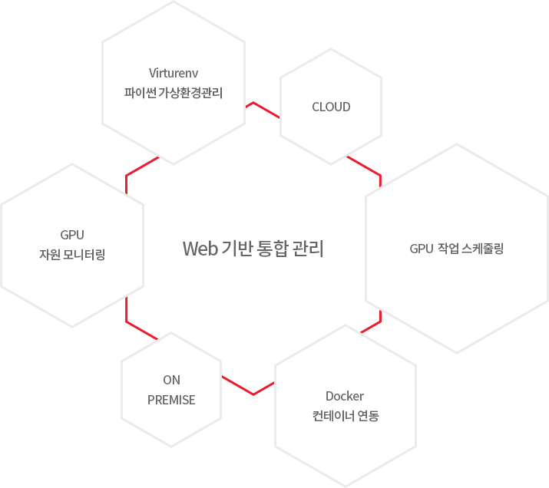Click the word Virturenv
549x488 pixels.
174,74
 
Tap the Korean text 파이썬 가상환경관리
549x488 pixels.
174,94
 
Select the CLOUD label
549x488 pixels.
331,107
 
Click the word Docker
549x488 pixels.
345,396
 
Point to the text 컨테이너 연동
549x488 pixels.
346,417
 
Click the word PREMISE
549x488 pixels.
171,400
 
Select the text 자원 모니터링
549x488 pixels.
72,254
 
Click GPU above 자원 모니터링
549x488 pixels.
72,234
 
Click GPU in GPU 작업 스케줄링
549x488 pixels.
422,249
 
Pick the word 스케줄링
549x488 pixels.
483,249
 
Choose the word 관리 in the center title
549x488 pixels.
309,249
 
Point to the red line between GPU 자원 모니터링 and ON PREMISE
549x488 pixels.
138,327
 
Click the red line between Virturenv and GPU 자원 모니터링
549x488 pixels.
138,168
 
